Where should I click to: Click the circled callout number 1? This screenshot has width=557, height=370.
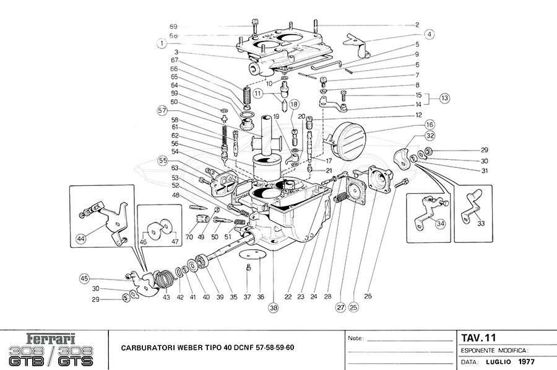[x=162, y=44]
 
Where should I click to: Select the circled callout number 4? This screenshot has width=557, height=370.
[x=429, y=35]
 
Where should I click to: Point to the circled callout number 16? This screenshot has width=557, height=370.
[x=429, y=125]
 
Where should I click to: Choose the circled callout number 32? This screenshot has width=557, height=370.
[x=429, y=136]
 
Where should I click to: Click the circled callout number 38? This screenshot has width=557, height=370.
[x=274, y=307]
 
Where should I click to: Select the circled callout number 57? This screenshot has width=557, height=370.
[x=162, y=111]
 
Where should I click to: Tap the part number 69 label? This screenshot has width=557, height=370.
[x=173, y=27]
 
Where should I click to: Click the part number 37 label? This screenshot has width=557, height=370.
[x=248, y=297]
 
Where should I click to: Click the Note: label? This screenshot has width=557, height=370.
[x=355, y=339]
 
